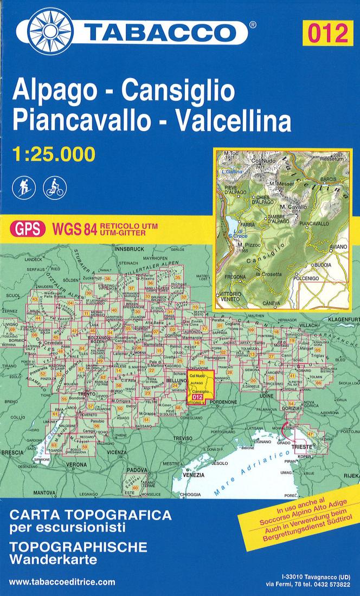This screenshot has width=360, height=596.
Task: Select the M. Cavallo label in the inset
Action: (x=293, y=207)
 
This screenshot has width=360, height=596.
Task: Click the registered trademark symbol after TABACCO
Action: (x=253, y=25)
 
